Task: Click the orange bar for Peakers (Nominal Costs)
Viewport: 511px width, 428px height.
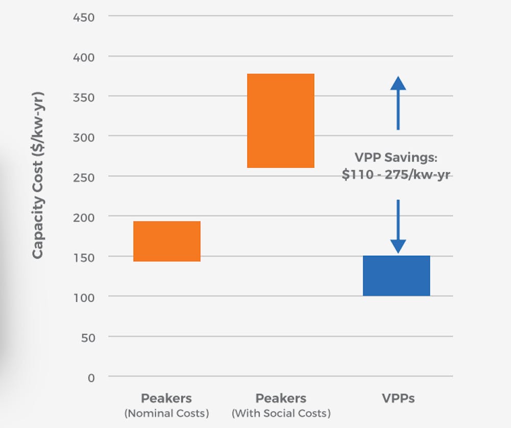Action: (x=167, y=241)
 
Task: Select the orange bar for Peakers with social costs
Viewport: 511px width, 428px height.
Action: (x=281, y=121)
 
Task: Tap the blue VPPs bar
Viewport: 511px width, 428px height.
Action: (x=397, y=276)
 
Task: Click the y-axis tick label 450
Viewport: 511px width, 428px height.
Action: (x=84, y=17)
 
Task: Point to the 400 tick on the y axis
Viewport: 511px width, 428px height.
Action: (x=84, y=57)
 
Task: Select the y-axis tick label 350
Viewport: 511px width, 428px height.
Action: (x=84, y=97)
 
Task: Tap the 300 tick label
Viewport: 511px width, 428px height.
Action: (x=84, y=137)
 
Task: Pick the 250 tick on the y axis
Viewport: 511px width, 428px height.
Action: (x=84, y=177)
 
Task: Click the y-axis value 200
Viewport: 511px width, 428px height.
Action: (x=84, y=217)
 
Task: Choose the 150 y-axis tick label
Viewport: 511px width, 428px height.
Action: (x=84, y=257)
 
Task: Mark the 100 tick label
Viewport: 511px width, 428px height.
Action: (x=84, y=297)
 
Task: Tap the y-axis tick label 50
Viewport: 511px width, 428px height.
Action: (x=87, y=337)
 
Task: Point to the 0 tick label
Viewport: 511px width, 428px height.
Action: (x=91, y=377)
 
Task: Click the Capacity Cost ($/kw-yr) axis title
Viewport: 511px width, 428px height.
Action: (x=38, y=175)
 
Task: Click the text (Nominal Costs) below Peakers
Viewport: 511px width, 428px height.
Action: (x=167, y=413)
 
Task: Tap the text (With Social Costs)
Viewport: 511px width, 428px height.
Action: (x=281, y=413)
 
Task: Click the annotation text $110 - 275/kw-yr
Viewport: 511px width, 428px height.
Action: (x=396, y=174)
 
